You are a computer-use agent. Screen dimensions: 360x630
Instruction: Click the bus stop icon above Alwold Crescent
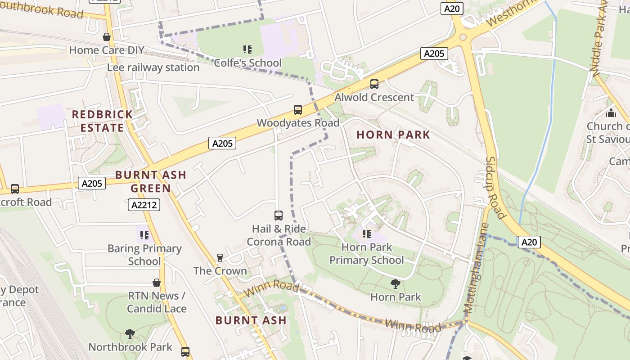(x=374, y=84)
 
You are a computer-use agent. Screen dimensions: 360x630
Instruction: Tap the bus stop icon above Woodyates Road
(x=297, y=110)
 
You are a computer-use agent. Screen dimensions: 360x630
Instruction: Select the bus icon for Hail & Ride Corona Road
(x=279, y=216)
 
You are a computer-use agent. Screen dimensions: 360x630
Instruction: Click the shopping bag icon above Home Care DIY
(x=107, y=37)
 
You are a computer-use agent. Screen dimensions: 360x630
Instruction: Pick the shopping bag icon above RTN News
(x=157, y=283)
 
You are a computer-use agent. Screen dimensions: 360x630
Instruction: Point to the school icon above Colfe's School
(x=247, y=49)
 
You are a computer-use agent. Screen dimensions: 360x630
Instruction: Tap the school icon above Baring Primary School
(x=144, y=235)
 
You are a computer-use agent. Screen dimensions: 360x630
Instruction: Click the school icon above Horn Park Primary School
(x=367, y=234)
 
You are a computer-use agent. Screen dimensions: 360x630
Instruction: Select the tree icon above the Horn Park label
(x=396, y=283)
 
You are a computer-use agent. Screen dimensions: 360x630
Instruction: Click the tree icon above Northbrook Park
(x=130, y=333)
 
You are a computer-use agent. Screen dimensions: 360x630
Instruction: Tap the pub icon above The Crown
(x=220, y=258)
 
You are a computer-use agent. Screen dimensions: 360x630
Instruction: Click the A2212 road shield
(x=144, y=205)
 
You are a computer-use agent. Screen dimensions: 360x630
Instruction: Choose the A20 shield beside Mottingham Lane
(x=529, y=242)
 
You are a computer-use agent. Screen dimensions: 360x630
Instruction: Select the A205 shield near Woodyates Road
(x=222, y=144)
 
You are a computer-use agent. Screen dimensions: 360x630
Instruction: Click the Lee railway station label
(x=153, y=67)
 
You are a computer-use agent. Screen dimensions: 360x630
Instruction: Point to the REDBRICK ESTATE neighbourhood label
(x=102, y=121)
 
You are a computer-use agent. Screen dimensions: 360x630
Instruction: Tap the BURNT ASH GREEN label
(x=150, y=181)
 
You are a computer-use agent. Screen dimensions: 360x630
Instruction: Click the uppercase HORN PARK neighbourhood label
(x=393, y=135)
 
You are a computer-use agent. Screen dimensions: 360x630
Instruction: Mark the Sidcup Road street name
(x=496, y=188)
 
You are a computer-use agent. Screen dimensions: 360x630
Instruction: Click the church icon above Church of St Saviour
(x=611, y=112)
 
